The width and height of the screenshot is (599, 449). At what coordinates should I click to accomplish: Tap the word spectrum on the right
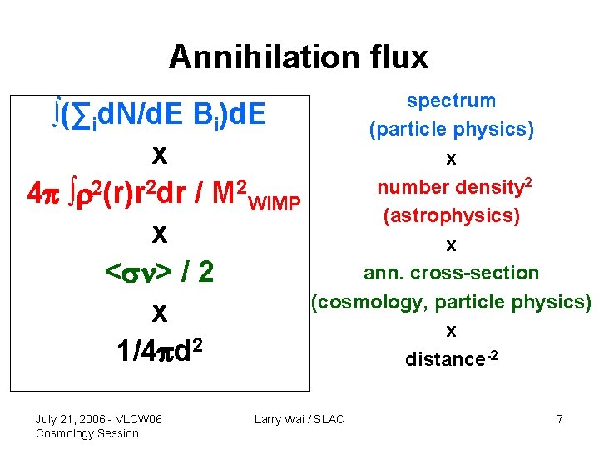tap(451, 101)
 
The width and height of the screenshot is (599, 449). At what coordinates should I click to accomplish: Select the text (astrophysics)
tap(451, 216)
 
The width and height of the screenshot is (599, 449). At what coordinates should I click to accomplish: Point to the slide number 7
tap(560, 419)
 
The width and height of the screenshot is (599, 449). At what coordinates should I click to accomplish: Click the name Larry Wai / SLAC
tap(299, 419)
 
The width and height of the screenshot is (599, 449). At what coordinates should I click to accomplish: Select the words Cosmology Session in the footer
tap(87, 433)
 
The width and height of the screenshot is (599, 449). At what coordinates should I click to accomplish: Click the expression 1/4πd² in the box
tap(161, 350)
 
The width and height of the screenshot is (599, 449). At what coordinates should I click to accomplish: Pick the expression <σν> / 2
tap(161, 272)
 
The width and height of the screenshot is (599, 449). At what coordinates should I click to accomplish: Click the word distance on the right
tap(441, 360)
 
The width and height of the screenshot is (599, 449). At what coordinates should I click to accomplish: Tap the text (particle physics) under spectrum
tap(452, 130)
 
